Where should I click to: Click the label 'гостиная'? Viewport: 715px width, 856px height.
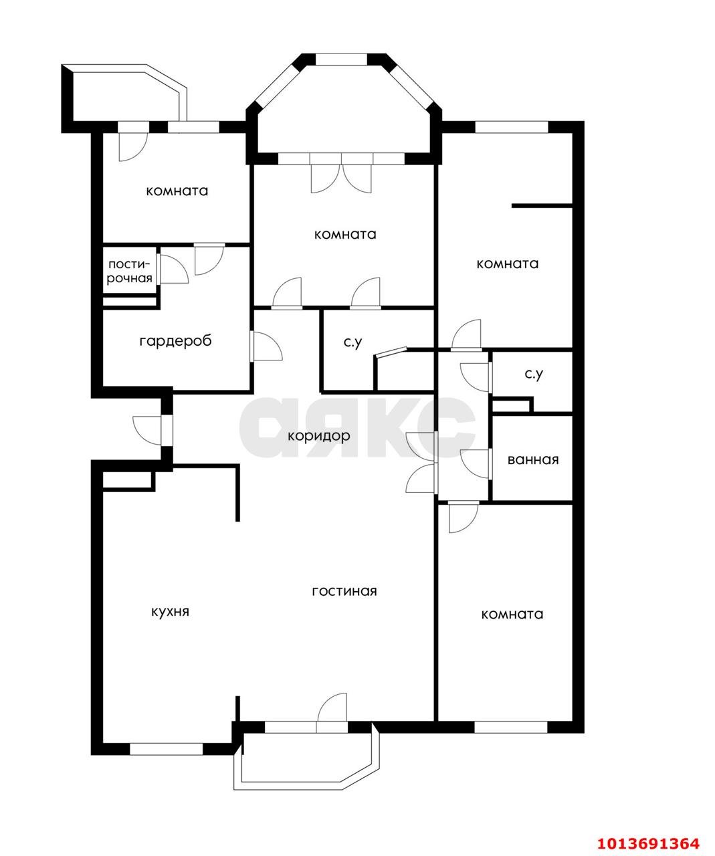coord(344,592)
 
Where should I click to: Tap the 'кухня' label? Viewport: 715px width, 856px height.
coord(170,612)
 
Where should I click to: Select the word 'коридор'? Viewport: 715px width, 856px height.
coord(318,436)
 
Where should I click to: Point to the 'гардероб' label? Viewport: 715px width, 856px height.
coord(175,341)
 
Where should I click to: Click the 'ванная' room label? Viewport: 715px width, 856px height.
coord(533,459)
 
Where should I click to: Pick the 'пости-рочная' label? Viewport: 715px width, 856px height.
coord(130,272)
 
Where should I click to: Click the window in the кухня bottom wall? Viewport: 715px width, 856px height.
coord(167,749)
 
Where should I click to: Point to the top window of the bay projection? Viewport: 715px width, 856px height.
coord(341,59)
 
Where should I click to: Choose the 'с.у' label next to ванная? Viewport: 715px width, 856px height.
coord(534,374)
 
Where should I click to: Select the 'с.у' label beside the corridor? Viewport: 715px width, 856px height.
coord(353,342)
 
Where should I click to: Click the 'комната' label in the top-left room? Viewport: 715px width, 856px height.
coord(177,191)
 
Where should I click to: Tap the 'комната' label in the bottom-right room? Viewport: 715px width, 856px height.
coord(512,614)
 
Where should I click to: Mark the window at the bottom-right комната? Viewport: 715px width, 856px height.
coord(511,728)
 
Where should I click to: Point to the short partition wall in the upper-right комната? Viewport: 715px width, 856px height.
coord(542,205)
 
